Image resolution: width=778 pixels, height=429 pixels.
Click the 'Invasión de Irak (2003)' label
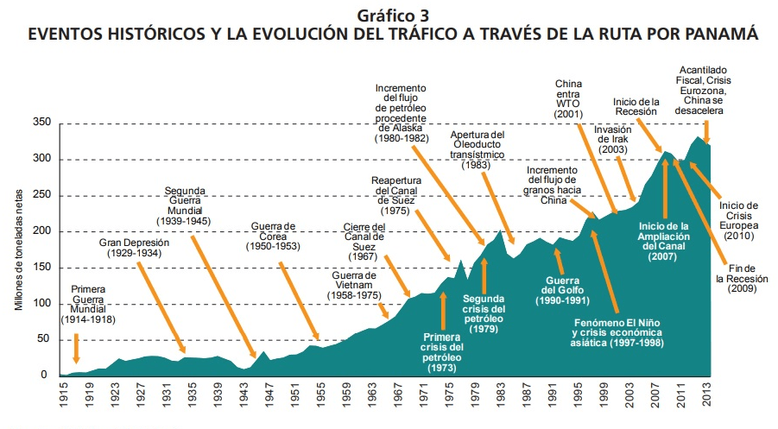(x=612, y=140)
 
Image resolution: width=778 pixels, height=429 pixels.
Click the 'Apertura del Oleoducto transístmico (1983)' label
(x=477, y=149)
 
